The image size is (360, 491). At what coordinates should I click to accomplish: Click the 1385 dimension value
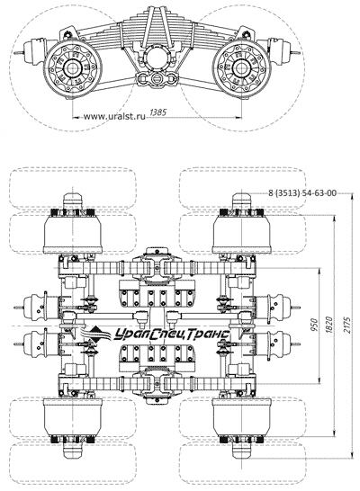[x=158, y=112]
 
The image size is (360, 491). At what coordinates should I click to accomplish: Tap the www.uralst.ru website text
[x=114, y=117]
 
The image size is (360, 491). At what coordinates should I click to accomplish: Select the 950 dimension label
[x=315, y=325]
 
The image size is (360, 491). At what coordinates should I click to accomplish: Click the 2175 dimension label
[x=347, y=325]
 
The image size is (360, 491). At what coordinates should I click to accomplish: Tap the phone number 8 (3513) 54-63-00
[x=302, y=192]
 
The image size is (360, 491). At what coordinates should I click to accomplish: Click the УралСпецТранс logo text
[x=171, y=335]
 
